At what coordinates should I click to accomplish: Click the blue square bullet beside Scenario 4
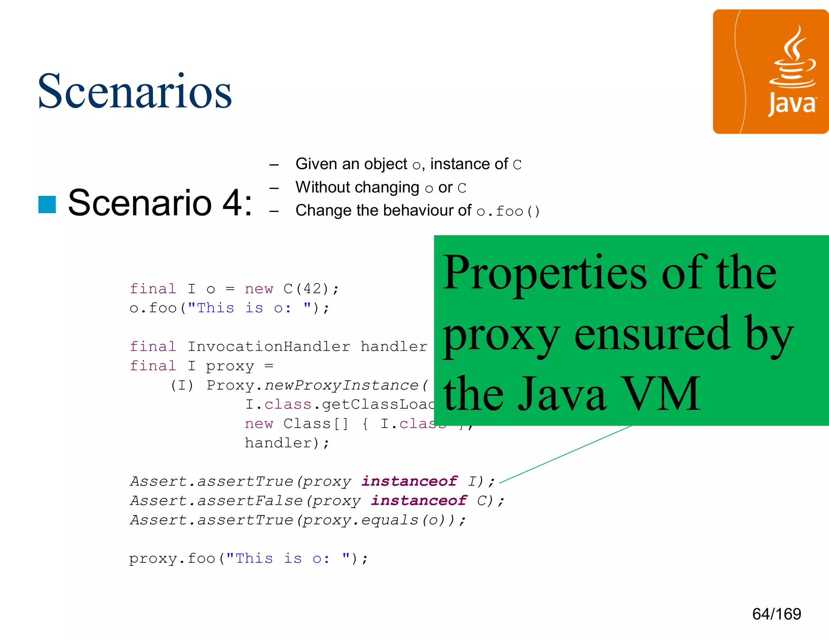[x=47, y=204]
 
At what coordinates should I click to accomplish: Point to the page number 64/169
[x=776, y=614]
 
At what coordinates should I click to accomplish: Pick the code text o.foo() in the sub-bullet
[x=508, y=211]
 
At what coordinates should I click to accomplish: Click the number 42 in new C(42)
[x=312, y=289]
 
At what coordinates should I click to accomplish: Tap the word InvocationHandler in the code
[x=269, y=347]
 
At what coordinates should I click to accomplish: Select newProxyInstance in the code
[x=341, y=385]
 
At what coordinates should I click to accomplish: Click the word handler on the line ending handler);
[x=278, y=443]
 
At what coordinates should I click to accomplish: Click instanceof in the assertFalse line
[x=419, y=501]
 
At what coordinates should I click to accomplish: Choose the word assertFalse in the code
[x=250, y=501]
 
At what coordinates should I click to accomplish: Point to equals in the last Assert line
[x=389, y=520]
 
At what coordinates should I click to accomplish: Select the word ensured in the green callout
[x=652, y=334]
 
